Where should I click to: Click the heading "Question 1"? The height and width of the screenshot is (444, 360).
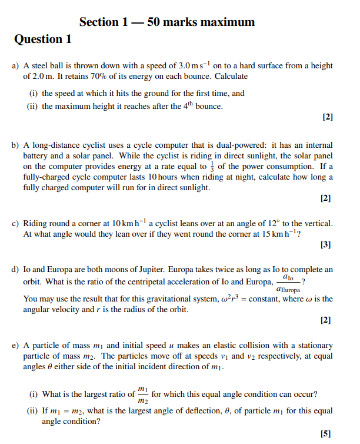coord(43,39)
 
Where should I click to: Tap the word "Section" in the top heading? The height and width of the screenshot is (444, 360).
coord(99,22)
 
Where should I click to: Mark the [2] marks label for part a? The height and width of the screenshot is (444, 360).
coord(328,117)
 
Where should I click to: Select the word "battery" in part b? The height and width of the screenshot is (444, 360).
coord(37,155)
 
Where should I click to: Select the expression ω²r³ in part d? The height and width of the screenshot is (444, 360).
coord(228,299)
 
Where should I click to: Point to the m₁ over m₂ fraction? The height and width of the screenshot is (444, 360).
coord(142,395)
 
